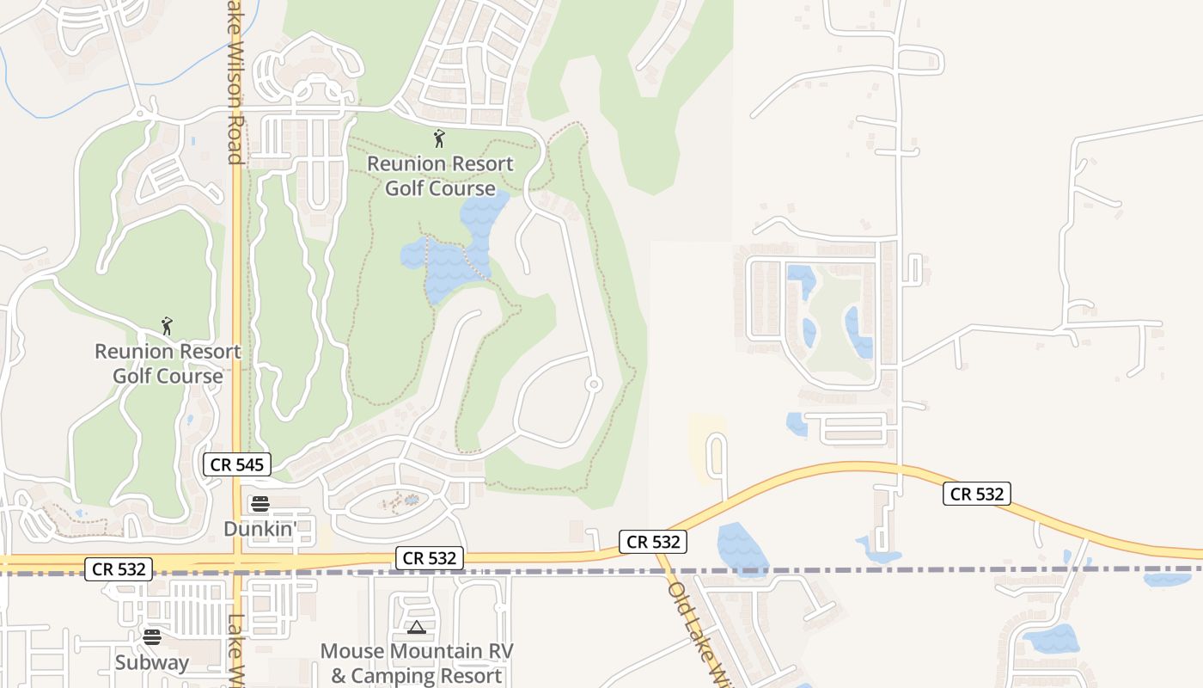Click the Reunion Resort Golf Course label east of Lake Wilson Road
pyautogui.click(x=440, y=175)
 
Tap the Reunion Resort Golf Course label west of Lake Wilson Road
pyautogui.click(x=168, y=364)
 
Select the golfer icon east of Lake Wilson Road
pyautogui.click(x=439, y=138)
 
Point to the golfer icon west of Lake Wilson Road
pyautogui.click(x=167, y=327)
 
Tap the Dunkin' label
pyautogui.click(x=260, y=528)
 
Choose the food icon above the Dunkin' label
pyautogui.click(x=260, y=504)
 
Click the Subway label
pyautogui.click(x=152, y=662)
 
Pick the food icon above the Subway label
pyautogui.click(x=152, y=637)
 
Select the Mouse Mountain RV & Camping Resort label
pyautogui.click(x=417, y=663)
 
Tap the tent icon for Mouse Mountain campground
pyautogui.click(x=417, y=628)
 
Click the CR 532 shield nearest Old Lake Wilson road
pyautogui.click(x=653, y=542)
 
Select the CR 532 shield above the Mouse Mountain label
pyautogui.click(x=431, y=558)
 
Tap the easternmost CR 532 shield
pyautogui.click(x=976, y=494)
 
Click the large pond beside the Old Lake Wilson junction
pyautogui.click(x=742, y=549)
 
